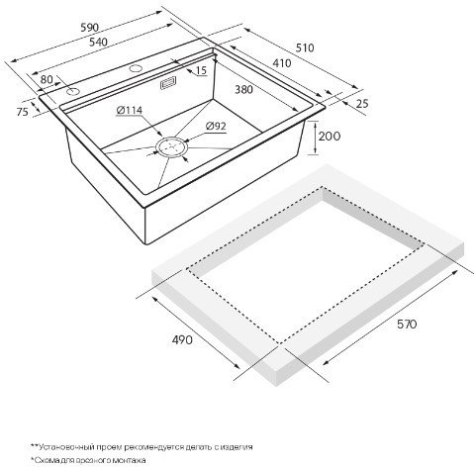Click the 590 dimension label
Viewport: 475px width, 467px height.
tap(90, 28)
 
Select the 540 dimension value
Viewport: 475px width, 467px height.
tap(98, 42)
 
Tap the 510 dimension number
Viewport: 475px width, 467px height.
tap(305, 48)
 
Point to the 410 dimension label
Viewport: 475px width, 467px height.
tap(282, 63)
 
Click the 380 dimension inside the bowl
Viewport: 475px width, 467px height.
tap(243, 89)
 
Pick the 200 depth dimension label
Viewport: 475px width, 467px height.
tap(330, 136)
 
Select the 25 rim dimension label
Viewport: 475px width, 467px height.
tap(362, 104)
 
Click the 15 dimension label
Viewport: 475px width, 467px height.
tap(201, 70)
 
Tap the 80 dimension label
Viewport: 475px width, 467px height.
tap(47, 79)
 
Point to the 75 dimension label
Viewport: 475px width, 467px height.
tap(23, 112)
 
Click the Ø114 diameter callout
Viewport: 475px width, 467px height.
tap(130, 110)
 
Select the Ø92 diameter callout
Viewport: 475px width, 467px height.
tap(216, 126)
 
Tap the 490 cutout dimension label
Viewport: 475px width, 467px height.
tap(182, 339)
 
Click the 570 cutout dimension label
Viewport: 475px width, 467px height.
tap(407, 325)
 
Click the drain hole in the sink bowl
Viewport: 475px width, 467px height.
tap(171, 146)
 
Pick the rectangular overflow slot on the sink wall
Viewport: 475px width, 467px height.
tap(168, 82)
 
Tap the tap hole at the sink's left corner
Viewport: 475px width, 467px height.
tap(71, 91)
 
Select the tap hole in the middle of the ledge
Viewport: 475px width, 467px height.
tap(135, 68)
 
